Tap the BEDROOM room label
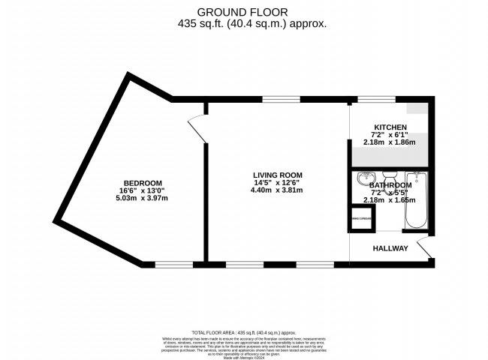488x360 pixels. (143, 184)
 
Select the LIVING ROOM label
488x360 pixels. (277, 175)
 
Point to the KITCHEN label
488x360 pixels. (390, 127)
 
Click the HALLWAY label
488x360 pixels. (390, 248)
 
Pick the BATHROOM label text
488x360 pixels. (390, 185)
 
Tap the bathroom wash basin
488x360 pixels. (366, 180)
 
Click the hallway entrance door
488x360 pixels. (424, 247)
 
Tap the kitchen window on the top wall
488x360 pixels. (375, 99)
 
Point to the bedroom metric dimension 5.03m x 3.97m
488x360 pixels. (143, 199)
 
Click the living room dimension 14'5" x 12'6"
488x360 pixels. (277, 182)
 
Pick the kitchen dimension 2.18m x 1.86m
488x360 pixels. (390, 142)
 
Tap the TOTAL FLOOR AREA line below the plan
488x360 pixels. (244, 331)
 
